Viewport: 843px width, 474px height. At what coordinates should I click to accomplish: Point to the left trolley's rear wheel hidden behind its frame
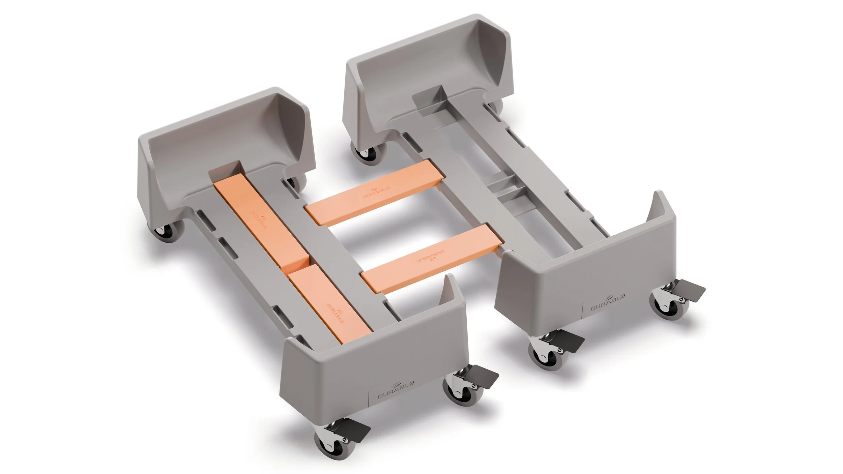(297, 182)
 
